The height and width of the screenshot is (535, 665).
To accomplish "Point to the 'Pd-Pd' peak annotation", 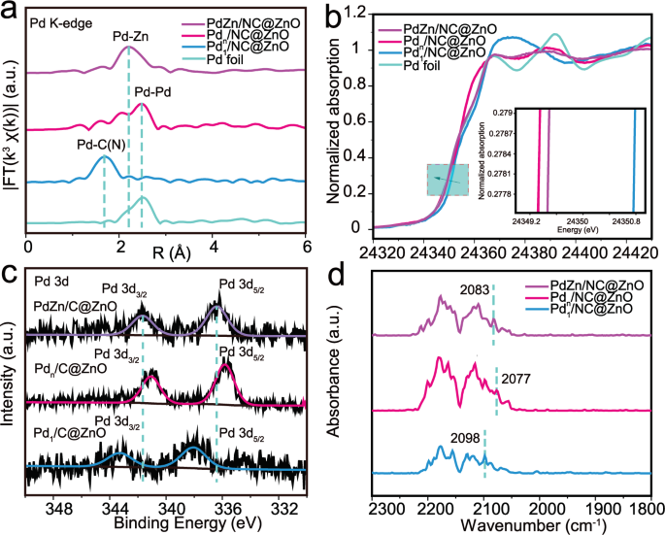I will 154,93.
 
